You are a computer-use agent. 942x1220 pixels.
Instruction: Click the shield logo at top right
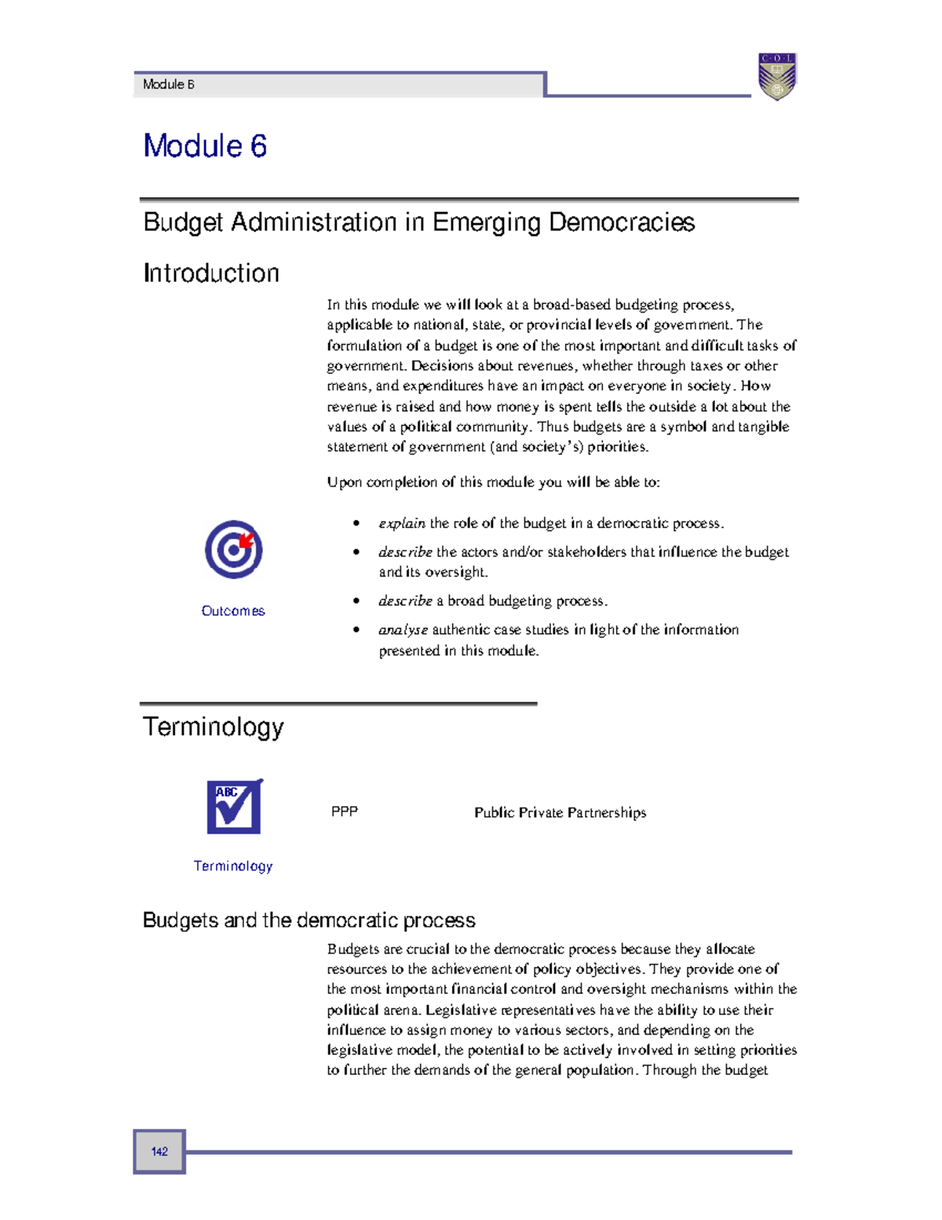click(x=776, y=76)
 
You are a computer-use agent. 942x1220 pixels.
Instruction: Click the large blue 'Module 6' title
click(x=205, y=146)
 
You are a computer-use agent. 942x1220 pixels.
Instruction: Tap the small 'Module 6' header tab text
click(x=168, y=85)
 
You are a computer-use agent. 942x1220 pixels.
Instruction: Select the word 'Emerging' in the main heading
click(x=487, y=222)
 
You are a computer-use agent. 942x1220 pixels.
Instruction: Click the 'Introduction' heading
click(x=211, y=273)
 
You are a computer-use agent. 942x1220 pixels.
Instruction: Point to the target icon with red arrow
click(x=233, y=549)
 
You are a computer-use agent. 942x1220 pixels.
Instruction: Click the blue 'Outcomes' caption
click(x=233, y=611)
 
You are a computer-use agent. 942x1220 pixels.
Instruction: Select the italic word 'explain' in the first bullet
click(x=402, y=523)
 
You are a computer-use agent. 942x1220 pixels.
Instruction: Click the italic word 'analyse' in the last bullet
click(x=403, y=630)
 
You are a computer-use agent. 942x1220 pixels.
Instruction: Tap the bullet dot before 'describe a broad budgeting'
click(x=356, y=601)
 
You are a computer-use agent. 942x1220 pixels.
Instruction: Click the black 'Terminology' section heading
click(x=213, y=727)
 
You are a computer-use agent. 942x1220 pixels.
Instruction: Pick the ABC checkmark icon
click(x=234, y=807)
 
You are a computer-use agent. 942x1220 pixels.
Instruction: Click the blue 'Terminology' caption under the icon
click(x=233, y=866)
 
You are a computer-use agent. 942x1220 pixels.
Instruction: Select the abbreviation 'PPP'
click(x=345, y=812)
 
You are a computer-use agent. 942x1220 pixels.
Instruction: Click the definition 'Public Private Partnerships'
click(x=560, y=812)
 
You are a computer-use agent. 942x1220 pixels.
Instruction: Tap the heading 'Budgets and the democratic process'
click(x=309, y=920)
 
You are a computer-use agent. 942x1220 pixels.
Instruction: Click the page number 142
click(x=159, y=1152)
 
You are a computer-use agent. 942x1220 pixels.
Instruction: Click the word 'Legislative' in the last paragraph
click(x=461, y=1010)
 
